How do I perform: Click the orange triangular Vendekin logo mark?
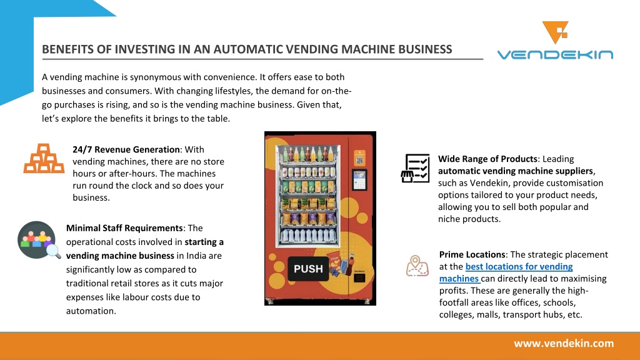click(x=555, y=32)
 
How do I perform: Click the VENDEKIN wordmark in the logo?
click(x=555, y=54)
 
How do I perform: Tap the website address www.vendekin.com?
click(x=564, y=344)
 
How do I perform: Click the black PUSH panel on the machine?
click(x=308, y=269)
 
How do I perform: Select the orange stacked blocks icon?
click(x=44, y=158)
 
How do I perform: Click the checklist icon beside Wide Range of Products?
click(x=415, y=168)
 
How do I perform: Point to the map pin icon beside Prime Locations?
click(x=417, y=266)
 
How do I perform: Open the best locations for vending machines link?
click(x=506, y=272)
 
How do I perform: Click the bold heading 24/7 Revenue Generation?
click(x=126, y=149)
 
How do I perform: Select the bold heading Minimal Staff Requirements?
click(x=124, y=228)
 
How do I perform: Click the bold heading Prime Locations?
click(x=472, y=255)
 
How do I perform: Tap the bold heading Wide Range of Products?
click(x=487, y=159)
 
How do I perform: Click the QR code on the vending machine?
click(x=359, y=161)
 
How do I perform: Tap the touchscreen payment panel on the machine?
click(x=359, y=180)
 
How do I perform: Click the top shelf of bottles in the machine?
click(x=307, y=154)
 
